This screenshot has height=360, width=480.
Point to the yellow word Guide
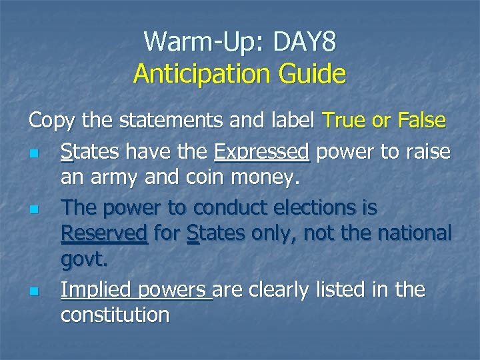313,73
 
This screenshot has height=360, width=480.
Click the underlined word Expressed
262,152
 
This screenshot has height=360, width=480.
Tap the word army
123,179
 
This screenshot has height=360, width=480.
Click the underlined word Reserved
104,235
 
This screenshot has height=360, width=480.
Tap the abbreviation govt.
85,262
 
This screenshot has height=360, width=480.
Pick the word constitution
115,315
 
